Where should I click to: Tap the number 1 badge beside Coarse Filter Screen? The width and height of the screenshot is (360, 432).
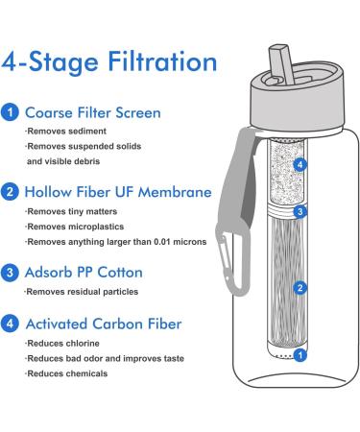coord(10,111)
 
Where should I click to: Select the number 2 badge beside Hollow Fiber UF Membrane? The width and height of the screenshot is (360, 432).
coord(10,192)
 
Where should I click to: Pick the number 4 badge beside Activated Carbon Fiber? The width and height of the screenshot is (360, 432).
coord(10,323)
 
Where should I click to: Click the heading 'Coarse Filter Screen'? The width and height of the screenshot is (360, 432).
coord(93,111)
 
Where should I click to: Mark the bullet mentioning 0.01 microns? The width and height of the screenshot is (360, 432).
coord(108,243)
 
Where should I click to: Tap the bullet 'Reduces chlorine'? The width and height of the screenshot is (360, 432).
coord(65,343)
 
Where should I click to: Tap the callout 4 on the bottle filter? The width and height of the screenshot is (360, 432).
coord(302,165)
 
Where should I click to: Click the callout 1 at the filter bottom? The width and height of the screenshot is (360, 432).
coord(302,355)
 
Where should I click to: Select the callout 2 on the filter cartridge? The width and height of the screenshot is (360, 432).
coord(302,287)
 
